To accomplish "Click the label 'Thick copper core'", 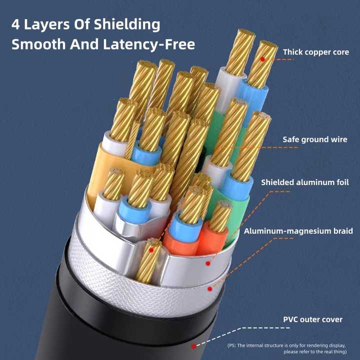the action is click(316, 52).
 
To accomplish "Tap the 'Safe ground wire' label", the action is click(315, 139).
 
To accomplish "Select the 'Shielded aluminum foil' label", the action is click(305, 182).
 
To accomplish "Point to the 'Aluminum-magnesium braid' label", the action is click(298, 231).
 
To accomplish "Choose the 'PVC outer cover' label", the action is click(312, 319).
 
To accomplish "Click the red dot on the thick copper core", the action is click(262, 59).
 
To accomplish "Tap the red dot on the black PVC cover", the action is click(194, 346).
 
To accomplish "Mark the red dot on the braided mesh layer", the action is click(209, 288).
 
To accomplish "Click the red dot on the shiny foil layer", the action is click(208, 263).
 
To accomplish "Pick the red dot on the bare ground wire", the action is click(151, 250).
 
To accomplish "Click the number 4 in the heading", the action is click(15, 24).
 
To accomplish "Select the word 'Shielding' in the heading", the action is click(127, 25).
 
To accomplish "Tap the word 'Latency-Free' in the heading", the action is click(149, 44).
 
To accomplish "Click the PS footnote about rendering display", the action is click(286, 348).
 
